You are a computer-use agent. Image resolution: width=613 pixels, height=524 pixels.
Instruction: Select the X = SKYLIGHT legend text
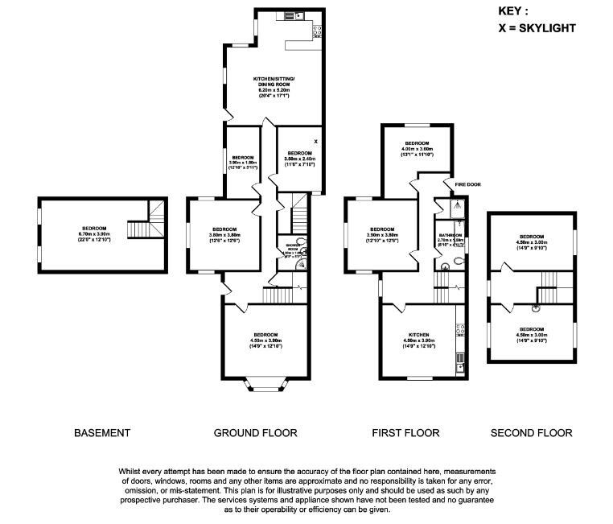coord(537,28)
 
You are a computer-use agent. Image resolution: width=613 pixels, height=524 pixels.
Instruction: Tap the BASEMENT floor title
coord(101,433)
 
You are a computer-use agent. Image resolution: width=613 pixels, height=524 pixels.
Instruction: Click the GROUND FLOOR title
coord(255,433)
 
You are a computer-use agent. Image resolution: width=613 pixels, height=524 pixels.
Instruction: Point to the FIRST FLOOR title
coord(405,433)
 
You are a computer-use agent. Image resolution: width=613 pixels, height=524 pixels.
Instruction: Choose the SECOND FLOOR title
coord(532,433)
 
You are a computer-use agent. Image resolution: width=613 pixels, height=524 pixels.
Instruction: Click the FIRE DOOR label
coord(467,184)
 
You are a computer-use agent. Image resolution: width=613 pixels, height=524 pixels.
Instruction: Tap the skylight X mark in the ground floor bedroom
coord(316,142)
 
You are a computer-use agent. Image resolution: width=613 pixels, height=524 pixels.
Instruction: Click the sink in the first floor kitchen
coord(461,366)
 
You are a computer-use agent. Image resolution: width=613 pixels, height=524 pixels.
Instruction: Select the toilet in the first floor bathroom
coord(456,260)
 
